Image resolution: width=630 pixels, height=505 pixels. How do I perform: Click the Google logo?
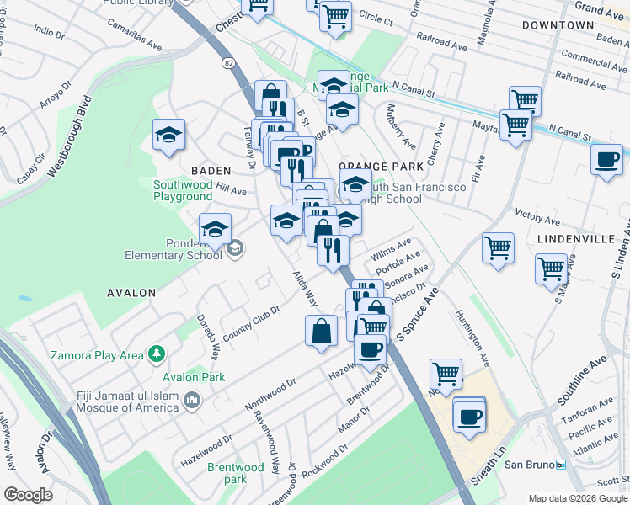[x=28, y=495]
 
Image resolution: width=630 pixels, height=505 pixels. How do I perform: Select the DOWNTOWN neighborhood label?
[x=558, y=25]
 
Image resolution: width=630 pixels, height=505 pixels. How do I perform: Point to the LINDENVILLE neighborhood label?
[x=575, y=239]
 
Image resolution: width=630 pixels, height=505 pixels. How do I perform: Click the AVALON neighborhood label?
[x=131, y=293]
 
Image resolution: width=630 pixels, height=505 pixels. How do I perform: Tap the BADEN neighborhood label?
[x=211, y=169]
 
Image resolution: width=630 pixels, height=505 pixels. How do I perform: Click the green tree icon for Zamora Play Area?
[x=155, y=355]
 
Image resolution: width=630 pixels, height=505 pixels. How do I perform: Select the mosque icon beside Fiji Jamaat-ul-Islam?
[x=194, y=400]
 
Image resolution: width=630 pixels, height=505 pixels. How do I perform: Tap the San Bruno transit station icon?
[x=559, y=465]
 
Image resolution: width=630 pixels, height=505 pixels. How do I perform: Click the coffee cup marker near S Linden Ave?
[x=606, y=160]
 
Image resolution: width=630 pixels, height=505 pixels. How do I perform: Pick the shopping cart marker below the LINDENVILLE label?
[x=551, y=269]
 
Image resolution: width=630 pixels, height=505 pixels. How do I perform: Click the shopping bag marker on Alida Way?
[x=322, y=330]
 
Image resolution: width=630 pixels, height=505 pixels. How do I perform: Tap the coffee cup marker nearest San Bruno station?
[x=469, y=415]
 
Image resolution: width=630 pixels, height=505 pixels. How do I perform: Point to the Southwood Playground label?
[x=183, y=190]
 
